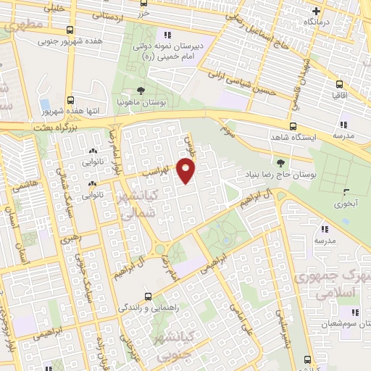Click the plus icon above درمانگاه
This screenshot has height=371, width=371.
[x=317, y=11]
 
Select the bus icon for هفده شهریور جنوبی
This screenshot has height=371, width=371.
[x=70, y=30]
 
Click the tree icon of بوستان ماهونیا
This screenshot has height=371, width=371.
[x=141, y=91]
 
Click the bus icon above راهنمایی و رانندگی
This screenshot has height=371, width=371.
[x=149, y=296]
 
